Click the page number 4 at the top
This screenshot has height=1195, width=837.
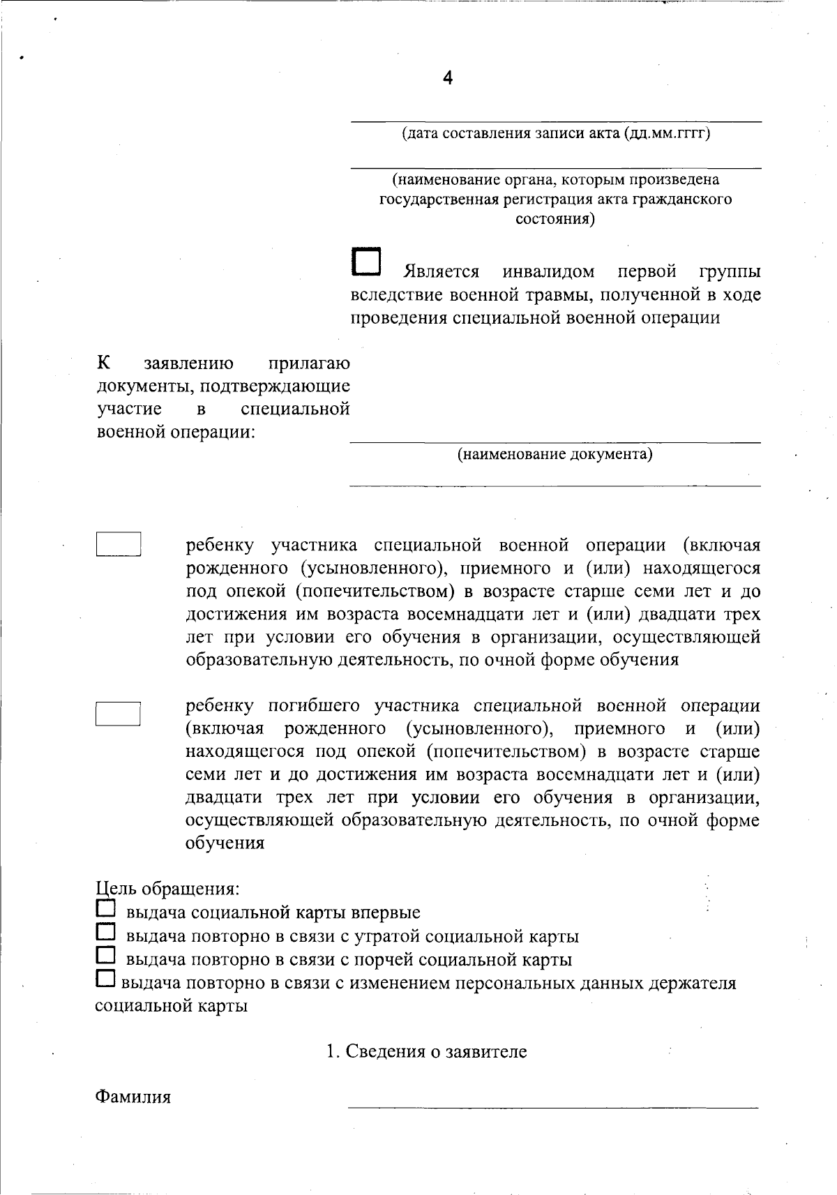pyautogui.click(x=448, y=78)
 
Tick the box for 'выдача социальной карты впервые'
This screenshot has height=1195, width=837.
pyautogui.click(x=105, y=909)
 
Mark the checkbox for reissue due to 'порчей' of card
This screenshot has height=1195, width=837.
pyautogui.click(x=105, y=956)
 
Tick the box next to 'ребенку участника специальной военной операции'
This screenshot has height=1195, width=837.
pyautogui.click(x=119, y=544)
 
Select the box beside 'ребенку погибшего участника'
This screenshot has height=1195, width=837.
pyautogui.click(x=119, y=713)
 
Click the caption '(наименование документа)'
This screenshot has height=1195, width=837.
pyautogui.click(x=555, y=455)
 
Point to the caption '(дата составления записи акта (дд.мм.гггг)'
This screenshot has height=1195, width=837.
pyautogui.click(x=556, y=133)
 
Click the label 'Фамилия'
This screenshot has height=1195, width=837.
pyautogui.click(x=133, y=1097)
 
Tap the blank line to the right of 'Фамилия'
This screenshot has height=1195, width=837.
pyautogui.click(x=552, y=1104)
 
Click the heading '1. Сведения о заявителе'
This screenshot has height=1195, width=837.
pyautogui.click(x=427, y=1051)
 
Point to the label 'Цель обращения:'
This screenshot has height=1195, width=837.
pyautogui.click(x=168, y=889)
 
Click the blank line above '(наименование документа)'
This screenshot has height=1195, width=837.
pyautogui.click(x=555, y=440)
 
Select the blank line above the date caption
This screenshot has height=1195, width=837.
pyautogui.click(x=556, y=121)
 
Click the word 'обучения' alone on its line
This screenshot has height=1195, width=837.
pyautogui.click(x=225, y=843)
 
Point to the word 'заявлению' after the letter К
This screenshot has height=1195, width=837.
pyautogui.click(x=188, y=363)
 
